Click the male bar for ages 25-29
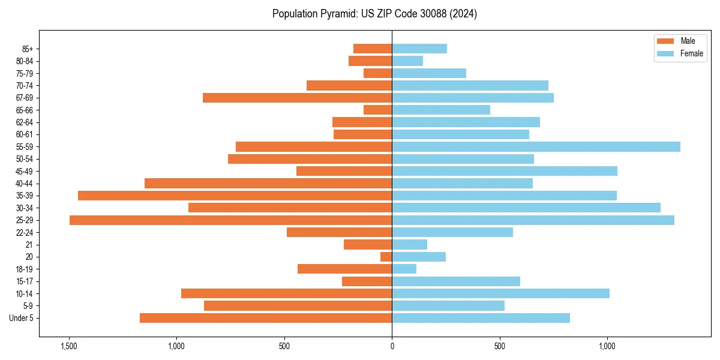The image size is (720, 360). coord(230,220)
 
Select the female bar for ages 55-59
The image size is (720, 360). coord(536,147)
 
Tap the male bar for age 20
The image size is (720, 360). coord(386,257)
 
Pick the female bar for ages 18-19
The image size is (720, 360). coord(404,269)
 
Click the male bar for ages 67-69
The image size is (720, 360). coord(297,98)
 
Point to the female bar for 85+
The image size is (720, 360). coord(419,49)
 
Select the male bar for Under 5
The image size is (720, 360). coord(266,318)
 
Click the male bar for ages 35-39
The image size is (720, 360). coord(235,196)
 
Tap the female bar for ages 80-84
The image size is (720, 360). coord(407,61)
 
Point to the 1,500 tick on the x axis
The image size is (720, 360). coord(69,347)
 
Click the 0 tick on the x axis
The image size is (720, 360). coord(392,347)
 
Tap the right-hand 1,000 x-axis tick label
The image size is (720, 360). coord(607,347)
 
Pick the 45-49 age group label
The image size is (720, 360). coord(25,171)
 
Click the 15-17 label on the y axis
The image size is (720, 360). coord(25,281)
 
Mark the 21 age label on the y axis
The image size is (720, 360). coord(29,245)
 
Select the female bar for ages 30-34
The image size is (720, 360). coord(526,208)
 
